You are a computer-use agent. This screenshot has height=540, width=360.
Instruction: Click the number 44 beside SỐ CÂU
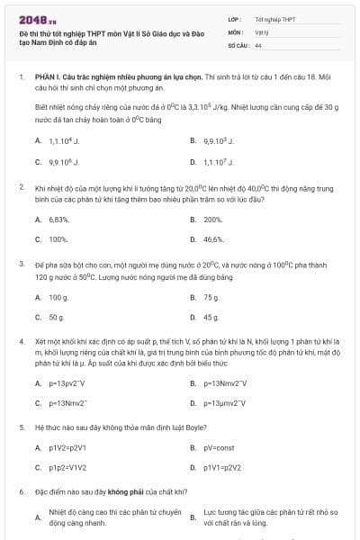click(x=258, y=43)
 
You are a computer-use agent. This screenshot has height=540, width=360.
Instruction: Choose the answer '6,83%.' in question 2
click(x=59, y=220)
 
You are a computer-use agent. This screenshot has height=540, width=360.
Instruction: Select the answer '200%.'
click(x=213, y=220)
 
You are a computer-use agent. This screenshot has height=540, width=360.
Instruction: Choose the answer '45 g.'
click(x=211, y=318)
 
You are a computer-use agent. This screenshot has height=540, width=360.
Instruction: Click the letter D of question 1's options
click(x=193, y=162)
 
